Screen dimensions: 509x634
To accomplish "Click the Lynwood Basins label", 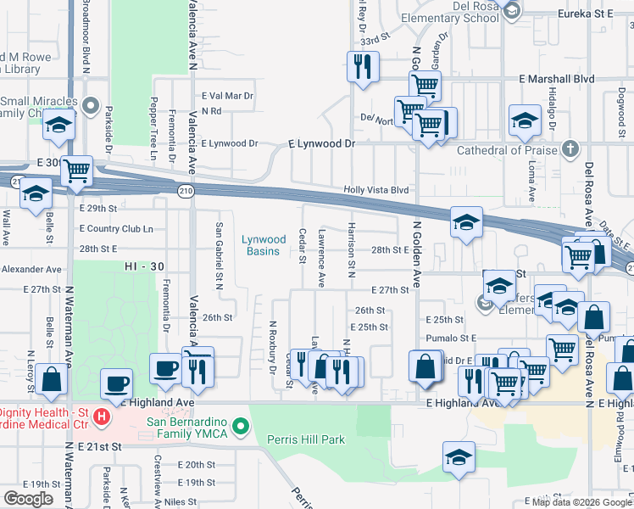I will pos(265,245).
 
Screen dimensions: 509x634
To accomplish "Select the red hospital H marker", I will pos(102,417).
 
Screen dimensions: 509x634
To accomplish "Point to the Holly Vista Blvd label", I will pos(376,191).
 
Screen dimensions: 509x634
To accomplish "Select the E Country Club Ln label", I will pos(116,229).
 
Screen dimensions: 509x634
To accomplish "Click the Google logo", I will pos(28,499).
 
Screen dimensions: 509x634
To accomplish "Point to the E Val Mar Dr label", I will pos(227,96).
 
